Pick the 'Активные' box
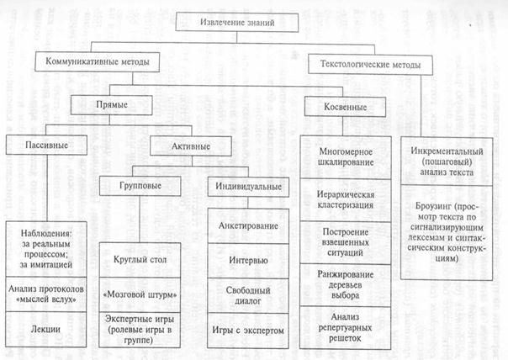190,146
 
